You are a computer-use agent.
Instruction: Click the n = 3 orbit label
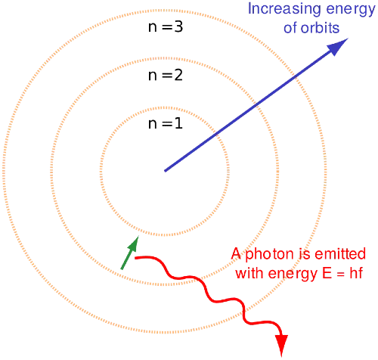click(x=166, y=26)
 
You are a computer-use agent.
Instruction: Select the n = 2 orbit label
click(x=166, y=75)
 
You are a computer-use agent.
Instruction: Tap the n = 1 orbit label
click(x=166, y=123)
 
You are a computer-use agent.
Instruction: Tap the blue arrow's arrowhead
click(x=338, y=47)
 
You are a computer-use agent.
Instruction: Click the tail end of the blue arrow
click(x=165, y=171)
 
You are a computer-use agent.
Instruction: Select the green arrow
click(x=130, y=253)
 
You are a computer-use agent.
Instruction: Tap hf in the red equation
click(x=356, y=273)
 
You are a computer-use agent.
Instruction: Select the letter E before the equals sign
click(x=327, y=273)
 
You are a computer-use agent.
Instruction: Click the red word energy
click(x=293, y=275)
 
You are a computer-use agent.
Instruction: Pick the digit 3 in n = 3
click(x=178, y=26)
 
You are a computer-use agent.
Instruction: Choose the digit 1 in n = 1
click(x=178, y=123)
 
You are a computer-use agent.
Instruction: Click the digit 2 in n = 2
click(x=178, y=75)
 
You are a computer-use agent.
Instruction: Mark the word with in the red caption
click(x=250, y=273)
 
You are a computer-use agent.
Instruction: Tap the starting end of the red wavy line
click(x=135, y=258)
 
